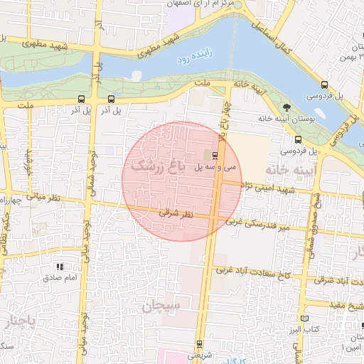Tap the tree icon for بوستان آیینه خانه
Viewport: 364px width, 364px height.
coord(287,108)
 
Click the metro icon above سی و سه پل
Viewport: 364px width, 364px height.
coord(215,156)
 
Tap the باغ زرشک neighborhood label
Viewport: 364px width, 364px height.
coord(161,166)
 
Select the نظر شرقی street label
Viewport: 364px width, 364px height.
coord(176,213)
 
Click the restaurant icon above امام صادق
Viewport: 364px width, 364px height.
coord(60,267)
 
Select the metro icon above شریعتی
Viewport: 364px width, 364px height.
coord(199,344)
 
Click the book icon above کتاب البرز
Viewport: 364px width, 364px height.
coord(305,319)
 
